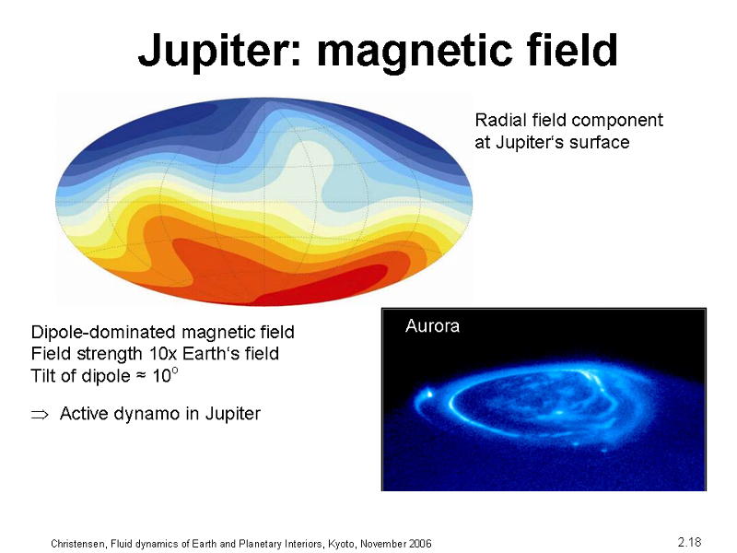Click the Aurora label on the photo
tap(432, 326)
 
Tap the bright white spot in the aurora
tap(428, 394)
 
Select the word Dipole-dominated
tap(104, 333)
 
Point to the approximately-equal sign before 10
tap(140, 376)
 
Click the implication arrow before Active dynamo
tap(40, 414)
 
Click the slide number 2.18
tap(689, 542)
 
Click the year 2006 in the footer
tap(420, 544)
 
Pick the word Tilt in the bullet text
tap(41, 376)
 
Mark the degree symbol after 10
tap(175, 371)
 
